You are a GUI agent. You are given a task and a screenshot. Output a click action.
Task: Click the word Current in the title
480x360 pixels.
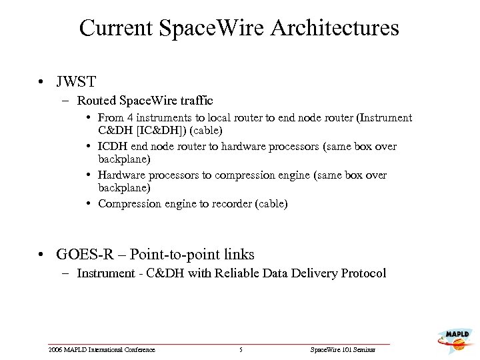[x=115, y=28]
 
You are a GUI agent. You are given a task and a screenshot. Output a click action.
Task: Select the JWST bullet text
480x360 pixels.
[x=76, y=83]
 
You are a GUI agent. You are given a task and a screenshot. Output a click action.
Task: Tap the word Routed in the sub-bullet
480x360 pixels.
[x=96, y=101]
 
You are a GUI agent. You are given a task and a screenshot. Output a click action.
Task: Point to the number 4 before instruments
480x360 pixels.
[x=128, y=118]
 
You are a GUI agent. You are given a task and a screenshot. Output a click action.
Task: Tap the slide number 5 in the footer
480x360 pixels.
[x=240, y=350]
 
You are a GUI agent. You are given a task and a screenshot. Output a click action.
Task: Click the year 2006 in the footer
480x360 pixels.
[x=55, y=350]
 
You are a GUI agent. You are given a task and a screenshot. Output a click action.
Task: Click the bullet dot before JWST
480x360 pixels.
[x=42, y=83]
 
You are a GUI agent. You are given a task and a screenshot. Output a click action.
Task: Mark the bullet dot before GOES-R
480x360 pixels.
[x=42, y=255]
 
